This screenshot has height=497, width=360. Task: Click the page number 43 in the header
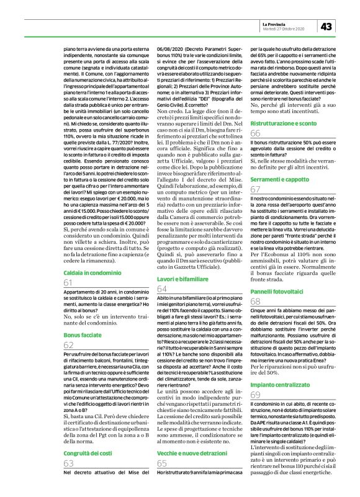point(326,25)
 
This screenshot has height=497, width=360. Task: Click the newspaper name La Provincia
point(276,22)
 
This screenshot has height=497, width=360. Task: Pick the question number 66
point(255,133)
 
